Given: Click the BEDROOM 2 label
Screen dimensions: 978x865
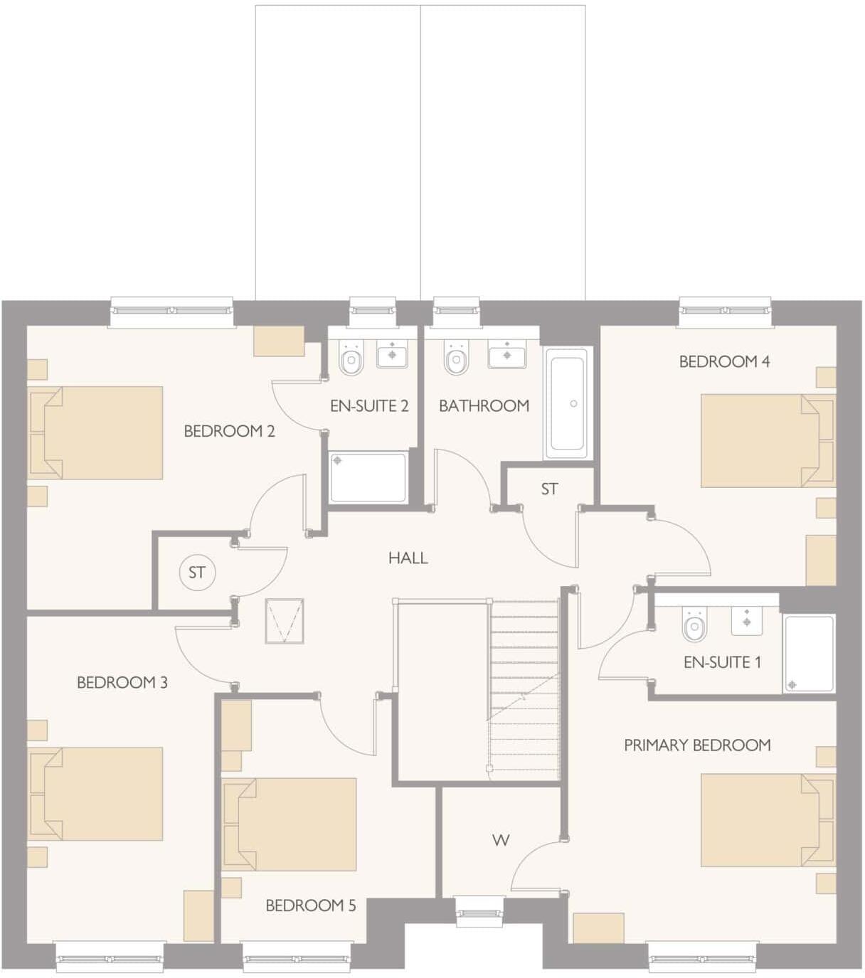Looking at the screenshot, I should pos(229,431).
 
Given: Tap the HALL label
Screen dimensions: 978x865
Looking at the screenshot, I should pos(408,558).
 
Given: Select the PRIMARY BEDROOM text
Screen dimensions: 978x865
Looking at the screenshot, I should pos(697,745).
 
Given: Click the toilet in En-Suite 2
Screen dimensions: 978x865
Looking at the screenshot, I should pos(351,360).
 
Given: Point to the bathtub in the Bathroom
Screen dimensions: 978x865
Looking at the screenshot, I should pos(567,403).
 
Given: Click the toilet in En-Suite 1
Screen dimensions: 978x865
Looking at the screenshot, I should pos(694,625).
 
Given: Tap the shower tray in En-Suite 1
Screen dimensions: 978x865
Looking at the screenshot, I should pos(810,654).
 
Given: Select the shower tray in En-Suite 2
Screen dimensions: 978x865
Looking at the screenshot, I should pos(368,478).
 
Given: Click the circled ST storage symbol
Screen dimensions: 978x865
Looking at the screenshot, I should pos(197,573).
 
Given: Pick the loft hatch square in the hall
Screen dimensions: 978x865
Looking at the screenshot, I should pos(285,621).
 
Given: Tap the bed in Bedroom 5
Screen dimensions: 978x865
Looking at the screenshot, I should pos(289,824).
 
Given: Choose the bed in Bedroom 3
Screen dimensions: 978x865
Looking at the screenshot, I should pos(95,793).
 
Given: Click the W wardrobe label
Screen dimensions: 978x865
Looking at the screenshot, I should pos(501,840).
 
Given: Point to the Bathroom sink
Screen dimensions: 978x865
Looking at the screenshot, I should pos(507,354).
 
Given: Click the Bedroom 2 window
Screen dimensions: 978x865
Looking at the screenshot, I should pos(172,311).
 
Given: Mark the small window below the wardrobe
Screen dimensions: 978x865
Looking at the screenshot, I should pos(479,912).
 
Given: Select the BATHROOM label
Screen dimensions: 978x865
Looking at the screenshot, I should pos(484,406).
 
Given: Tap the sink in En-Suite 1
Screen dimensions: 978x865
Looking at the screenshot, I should pos(747,620).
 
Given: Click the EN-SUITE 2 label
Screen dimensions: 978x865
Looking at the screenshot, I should pos(369,406).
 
